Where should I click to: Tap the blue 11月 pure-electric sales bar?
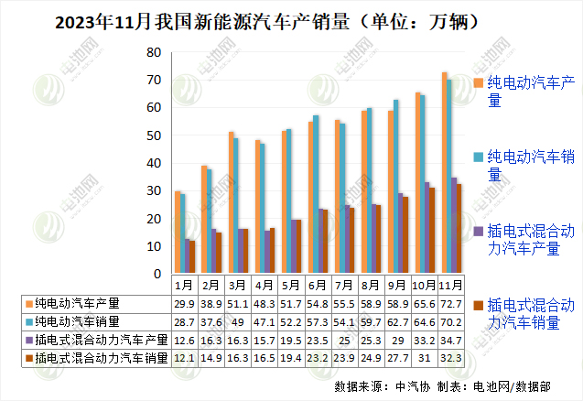449,178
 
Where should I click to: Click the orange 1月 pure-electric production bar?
177,233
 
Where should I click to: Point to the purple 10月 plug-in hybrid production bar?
426,228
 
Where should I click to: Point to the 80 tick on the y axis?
154,52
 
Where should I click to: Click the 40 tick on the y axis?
154,163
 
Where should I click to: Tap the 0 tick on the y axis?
157,274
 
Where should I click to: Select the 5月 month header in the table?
291,285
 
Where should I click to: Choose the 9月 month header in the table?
397,285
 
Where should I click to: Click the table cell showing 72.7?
450,303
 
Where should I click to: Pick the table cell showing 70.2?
450,321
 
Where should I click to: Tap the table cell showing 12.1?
184,358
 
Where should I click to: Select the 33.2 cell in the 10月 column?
424,340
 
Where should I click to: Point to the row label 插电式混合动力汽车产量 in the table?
95,340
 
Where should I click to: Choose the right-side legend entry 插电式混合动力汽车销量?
530,312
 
